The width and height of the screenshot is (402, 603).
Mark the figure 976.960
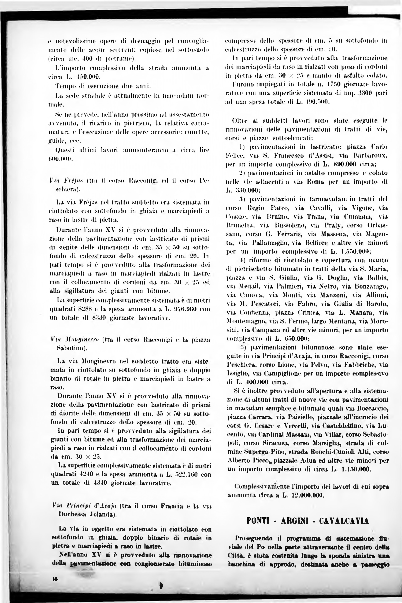click(184, 309)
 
